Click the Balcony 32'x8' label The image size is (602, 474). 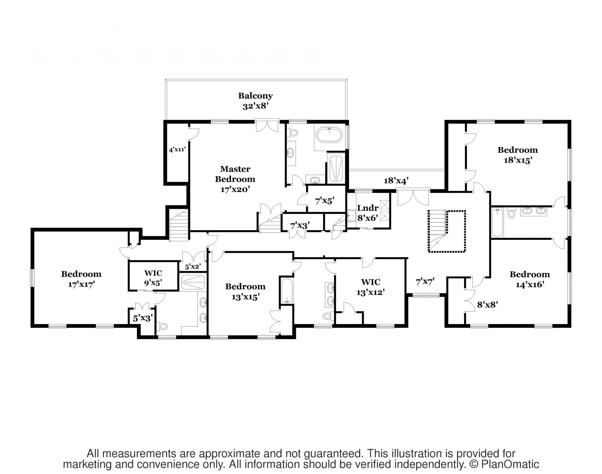(x=255, y=101)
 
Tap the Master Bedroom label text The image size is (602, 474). (x=235, y=174)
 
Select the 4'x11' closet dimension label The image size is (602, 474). (x=177, y=150)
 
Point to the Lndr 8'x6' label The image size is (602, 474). (x=368, y=213)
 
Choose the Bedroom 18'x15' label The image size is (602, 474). (x=518, y=155)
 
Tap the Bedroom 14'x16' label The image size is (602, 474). (x=530, y=280)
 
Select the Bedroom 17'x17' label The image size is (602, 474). (x=81, y=279)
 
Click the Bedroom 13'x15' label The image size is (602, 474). (x=245, y=292)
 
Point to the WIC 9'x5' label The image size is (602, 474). (x=153, y=278)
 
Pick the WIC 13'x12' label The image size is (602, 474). (x=370, y=287)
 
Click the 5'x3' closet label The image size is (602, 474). (x=143, y=318)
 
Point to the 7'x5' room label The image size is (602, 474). (x=324, y=201)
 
